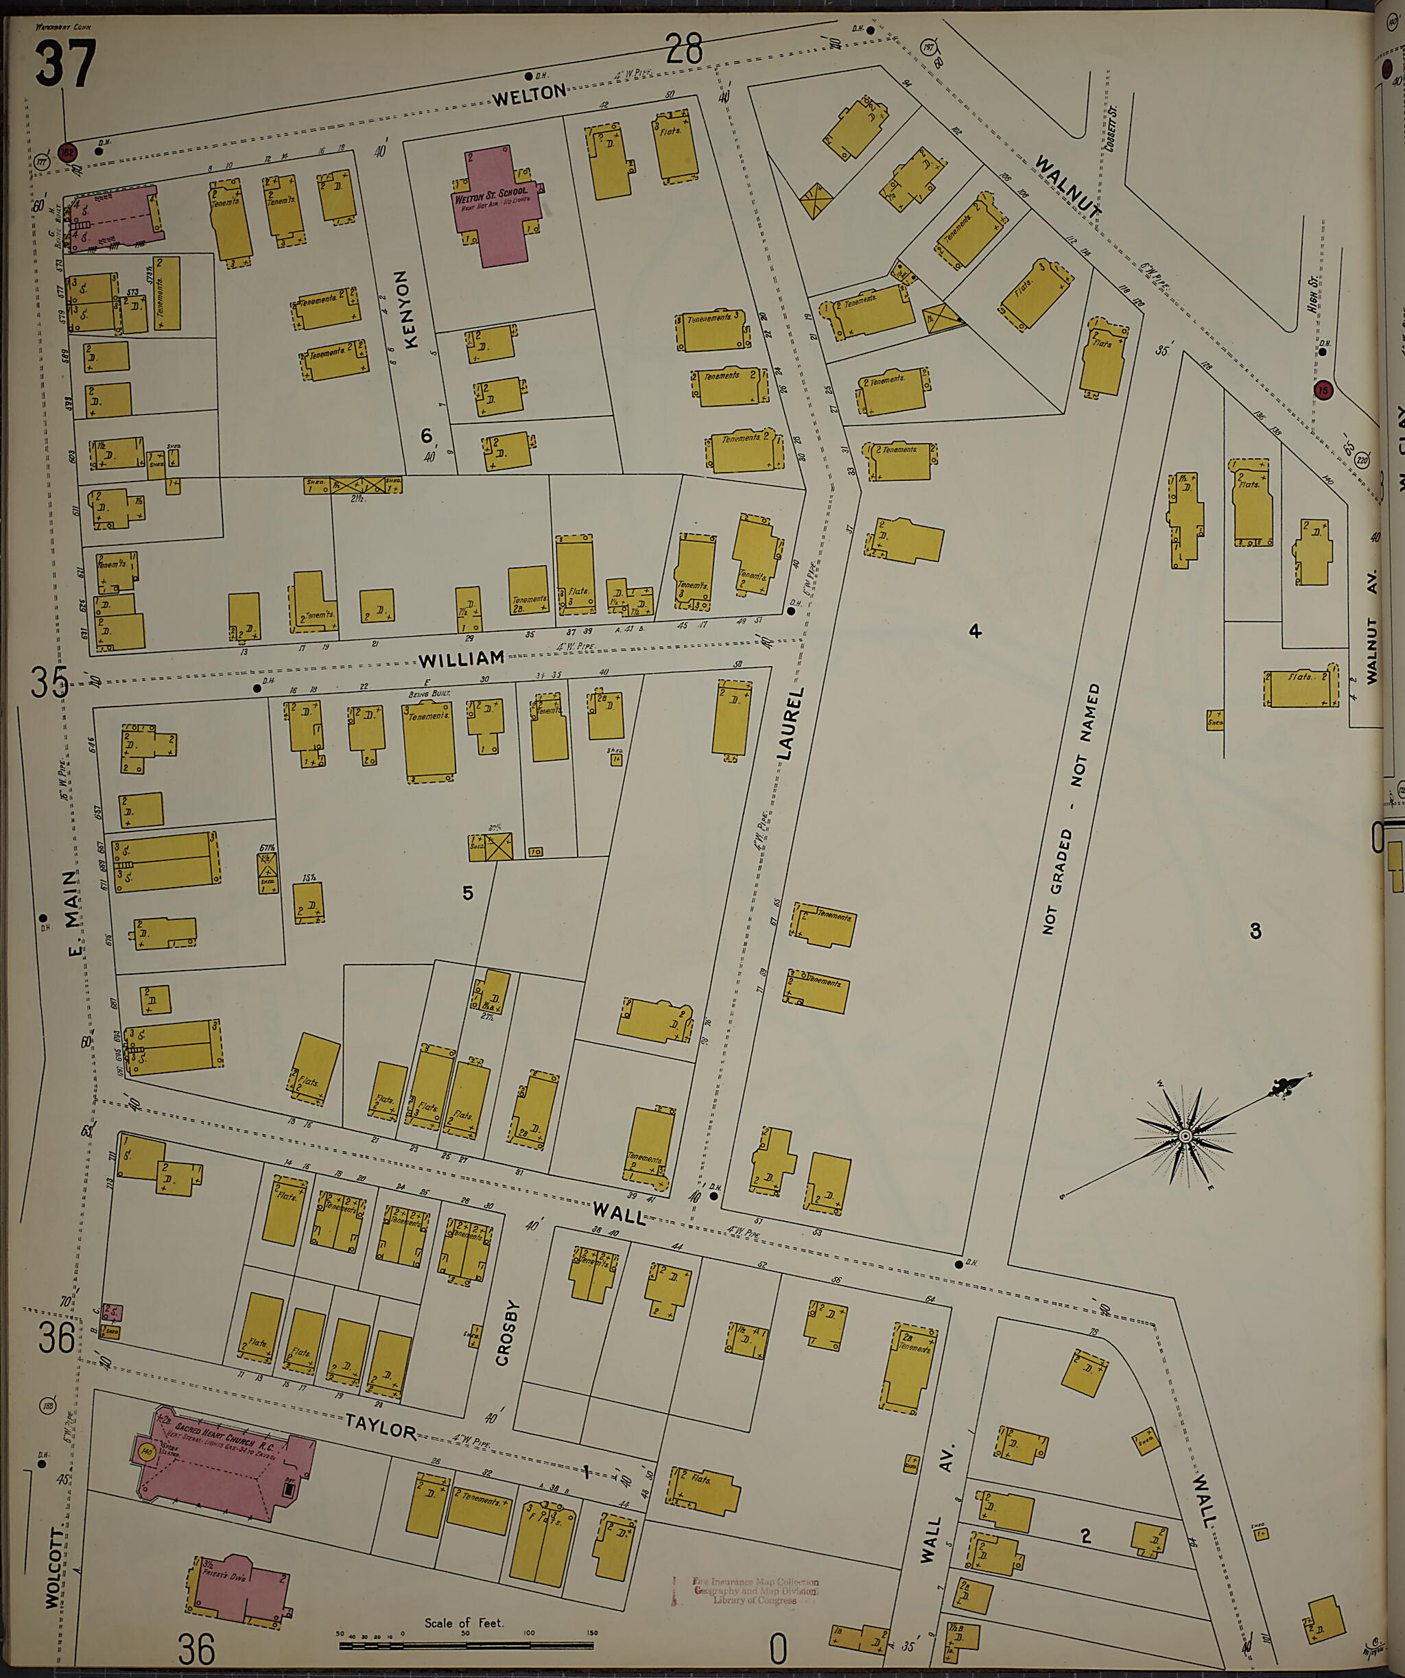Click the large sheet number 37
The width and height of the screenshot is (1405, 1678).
(66, 64)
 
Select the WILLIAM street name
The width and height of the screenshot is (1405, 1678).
(462, 660)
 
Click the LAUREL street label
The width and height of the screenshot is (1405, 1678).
(787, 722)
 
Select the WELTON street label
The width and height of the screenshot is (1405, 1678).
(528, 95)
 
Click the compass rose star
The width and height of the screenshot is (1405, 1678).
(1185, 1135)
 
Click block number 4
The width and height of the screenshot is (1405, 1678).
(974, 632)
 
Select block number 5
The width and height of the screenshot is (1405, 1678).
(468, 893)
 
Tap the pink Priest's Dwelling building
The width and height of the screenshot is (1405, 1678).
(237, 1586)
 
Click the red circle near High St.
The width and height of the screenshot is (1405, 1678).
(1323, 391)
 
